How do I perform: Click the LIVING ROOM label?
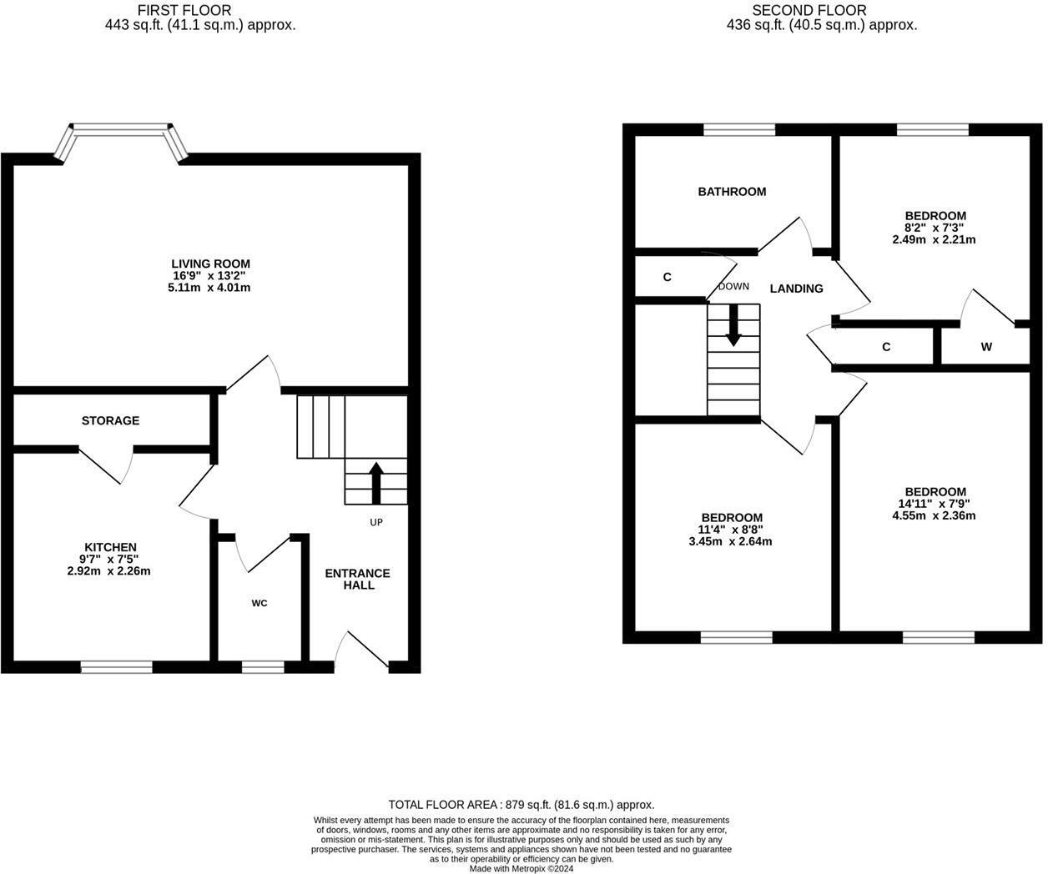click(210, 264)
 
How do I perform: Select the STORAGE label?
click(110, 420)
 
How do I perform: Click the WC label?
click(259, 603)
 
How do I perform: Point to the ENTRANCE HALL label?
click(357, 579)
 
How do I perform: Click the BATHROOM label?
click(732, 192)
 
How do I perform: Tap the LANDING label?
click(796, 289)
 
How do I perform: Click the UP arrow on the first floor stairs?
click(375, 483)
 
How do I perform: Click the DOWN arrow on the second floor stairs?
click(733, 324)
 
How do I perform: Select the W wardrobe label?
click(986, 347)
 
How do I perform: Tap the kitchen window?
click(117, 666)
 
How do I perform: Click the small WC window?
click(262, 666)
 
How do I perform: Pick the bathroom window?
click(739, 129)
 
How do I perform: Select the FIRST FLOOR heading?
click(184, 10)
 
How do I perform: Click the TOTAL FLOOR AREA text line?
click(521, 805)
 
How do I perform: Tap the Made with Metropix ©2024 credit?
click(521, 868)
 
